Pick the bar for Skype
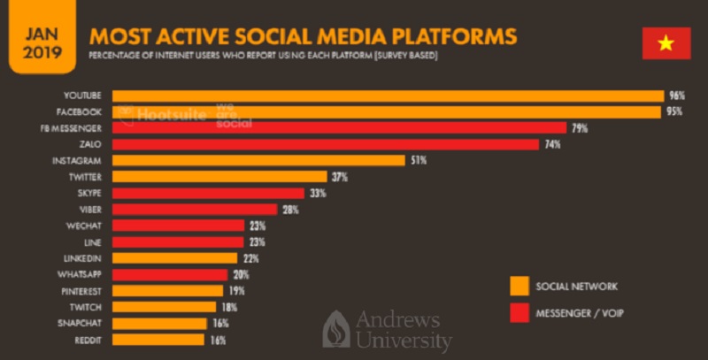click(208, 193)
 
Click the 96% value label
click(678, 96)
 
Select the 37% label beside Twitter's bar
click(339, 177)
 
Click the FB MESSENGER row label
click(77, 128)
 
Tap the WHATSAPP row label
click(80, 274)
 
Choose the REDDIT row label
click(87, 339)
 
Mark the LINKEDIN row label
click(82, 257)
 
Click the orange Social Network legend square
click(519, 286)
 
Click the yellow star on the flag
click(666, 42)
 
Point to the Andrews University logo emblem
click(336, 329)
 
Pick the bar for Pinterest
click(168, 290)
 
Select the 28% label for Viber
click(289, 210)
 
